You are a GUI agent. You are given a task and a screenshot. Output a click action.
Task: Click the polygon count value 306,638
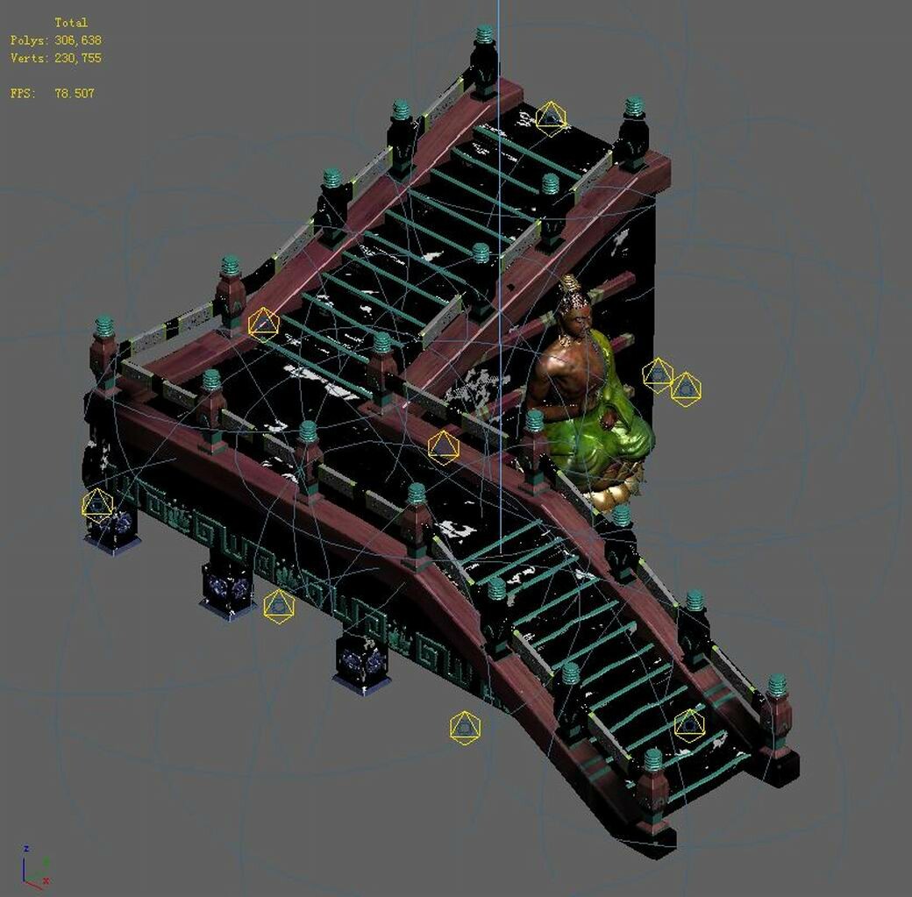coord(77,40)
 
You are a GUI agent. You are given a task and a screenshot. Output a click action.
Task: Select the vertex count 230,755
coord(77,58)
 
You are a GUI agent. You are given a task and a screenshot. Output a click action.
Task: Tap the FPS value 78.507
coord(74,93)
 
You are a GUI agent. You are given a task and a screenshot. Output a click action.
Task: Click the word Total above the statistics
coord(71,23)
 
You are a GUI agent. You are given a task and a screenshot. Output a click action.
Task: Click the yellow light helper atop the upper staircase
coord(551,118)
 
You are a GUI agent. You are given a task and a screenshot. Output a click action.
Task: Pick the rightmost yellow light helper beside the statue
coord(686,388)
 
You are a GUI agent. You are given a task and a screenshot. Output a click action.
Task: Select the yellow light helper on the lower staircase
coord(689,724)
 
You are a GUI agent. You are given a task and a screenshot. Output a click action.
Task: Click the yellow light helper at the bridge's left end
coord(97,505)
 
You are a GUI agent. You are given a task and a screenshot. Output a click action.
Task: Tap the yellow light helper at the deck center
coord(444,447)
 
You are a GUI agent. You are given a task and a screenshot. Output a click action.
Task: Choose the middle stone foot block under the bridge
coord(227,587)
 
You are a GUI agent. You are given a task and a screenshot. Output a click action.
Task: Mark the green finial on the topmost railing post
coord(484,35)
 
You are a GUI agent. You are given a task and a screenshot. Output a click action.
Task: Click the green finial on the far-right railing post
coord(777,686)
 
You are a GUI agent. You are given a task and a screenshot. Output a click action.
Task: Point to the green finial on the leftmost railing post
coord(104,327)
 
